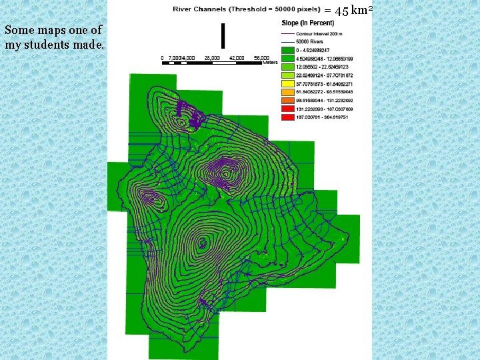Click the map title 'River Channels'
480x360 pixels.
coord(199,9)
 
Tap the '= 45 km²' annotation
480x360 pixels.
coord(347,11)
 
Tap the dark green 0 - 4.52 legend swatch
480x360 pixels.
coord(287,49)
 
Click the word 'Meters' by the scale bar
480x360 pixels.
coord(269,63)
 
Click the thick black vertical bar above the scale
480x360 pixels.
coord(223,35)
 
